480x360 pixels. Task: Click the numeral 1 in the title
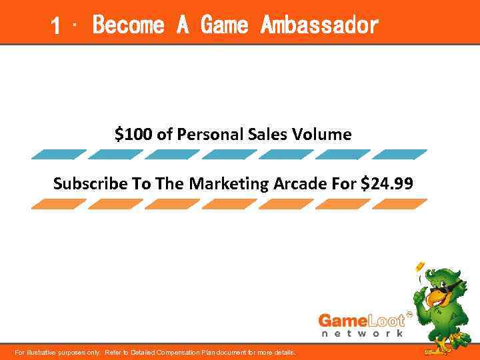click(57, 26)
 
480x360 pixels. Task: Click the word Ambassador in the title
click(319, 26)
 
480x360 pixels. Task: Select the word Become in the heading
click(128, 26)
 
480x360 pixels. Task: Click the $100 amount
click(133, 135)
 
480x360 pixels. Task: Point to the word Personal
click(207, 135)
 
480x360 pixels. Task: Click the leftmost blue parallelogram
click(59, 155)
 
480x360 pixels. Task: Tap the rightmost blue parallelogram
click(399, 155)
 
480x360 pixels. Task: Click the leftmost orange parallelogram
click(59, 204)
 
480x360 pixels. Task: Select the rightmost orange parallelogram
click(399, 204)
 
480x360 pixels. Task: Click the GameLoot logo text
click(361, 319)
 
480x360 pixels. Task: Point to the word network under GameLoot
click(361, 333)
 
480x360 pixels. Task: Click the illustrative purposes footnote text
click(155, 352)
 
